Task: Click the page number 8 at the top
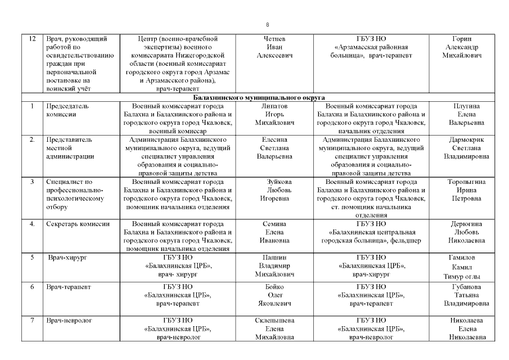[x=267, y=24]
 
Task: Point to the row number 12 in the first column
[x=32, y=39]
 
